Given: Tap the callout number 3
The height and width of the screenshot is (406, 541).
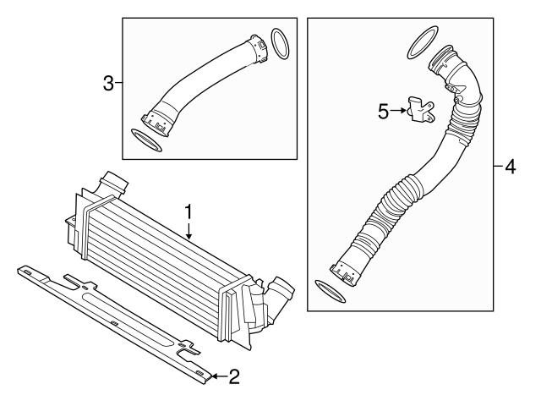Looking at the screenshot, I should point(108,82).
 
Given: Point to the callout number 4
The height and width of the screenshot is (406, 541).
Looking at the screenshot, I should point(509,167).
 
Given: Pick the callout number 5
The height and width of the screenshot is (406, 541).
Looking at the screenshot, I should point(384,111).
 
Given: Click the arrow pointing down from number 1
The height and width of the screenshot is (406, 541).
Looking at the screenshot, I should point(189,230).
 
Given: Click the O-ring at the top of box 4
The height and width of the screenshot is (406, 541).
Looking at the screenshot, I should point(421,44).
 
